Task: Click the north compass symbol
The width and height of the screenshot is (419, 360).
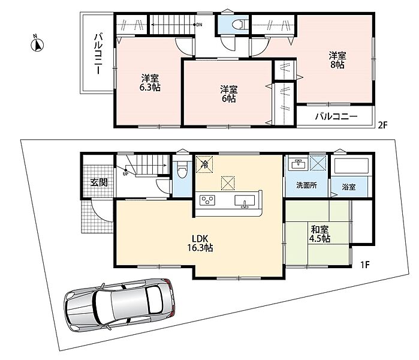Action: (37, 44)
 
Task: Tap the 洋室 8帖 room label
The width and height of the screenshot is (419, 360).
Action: (337, 60)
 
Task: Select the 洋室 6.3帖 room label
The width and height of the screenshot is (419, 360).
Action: (150, 83)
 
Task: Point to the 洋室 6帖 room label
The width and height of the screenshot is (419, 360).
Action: (229, 94)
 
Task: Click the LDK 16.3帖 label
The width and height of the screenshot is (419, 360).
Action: (200, 243)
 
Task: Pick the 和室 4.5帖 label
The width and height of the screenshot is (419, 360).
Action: (319, 234)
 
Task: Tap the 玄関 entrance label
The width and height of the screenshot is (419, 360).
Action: (98, 182)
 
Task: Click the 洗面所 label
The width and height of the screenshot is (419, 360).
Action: (306, 185)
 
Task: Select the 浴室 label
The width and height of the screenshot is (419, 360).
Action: (348, 187)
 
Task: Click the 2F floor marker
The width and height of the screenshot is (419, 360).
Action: (382, 125)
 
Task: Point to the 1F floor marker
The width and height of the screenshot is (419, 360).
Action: (365, 265)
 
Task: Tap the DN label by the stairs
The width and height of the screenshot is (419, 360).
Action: (200, 25)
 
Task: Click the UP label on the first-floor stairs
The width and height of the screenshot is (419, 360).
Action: (125, 174)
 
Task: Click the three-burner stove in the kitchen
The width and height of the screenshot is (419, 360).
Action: (207, 200)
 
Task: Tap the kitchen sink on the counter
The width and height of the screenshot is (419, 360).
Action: (245, 201)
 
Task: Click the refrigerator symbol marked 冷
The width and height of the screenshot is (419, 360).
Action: (204, 164)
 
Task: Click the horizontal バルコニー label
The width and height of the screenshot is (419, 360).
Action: (336, 116)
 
